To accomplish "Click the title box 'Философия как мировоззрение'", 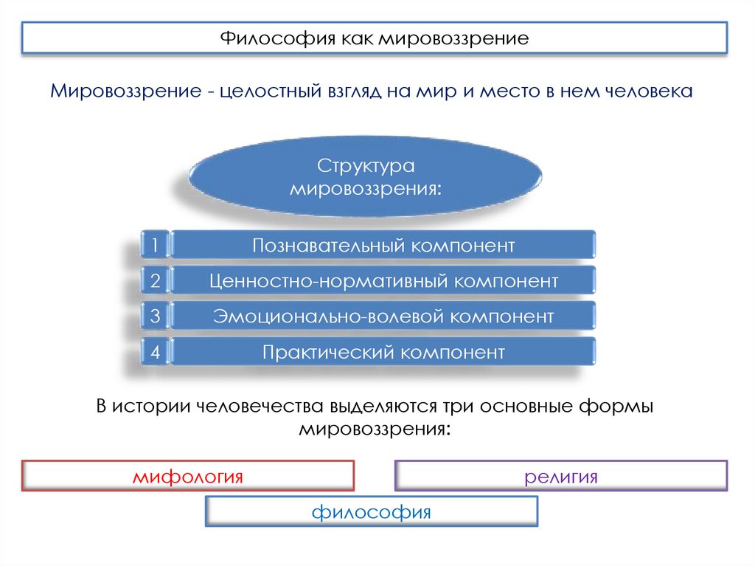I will point(374,38).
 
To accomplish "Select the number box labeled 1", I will point(155,245).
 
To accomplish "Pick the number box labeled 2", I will point(155,281).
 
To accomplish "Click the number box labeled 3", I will point(155,317).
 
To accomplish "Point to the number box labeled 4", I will point(155,352).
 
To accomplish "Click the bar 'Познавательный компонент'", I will point(383,245).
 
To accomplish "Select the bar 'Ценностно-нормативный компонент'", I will point(383,281).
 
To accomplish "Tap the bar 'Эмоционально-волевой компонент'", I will point(383,317).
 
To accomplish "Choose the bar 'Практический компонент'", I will point(383,352).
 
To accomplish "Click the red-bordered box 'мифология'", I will point(188,476).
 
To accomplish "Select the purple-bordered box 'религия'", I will point(561,476).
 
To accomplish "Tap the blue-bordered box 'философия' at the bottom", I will point(371,511).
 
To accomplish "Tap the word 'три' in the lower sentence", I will point(460,407).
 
